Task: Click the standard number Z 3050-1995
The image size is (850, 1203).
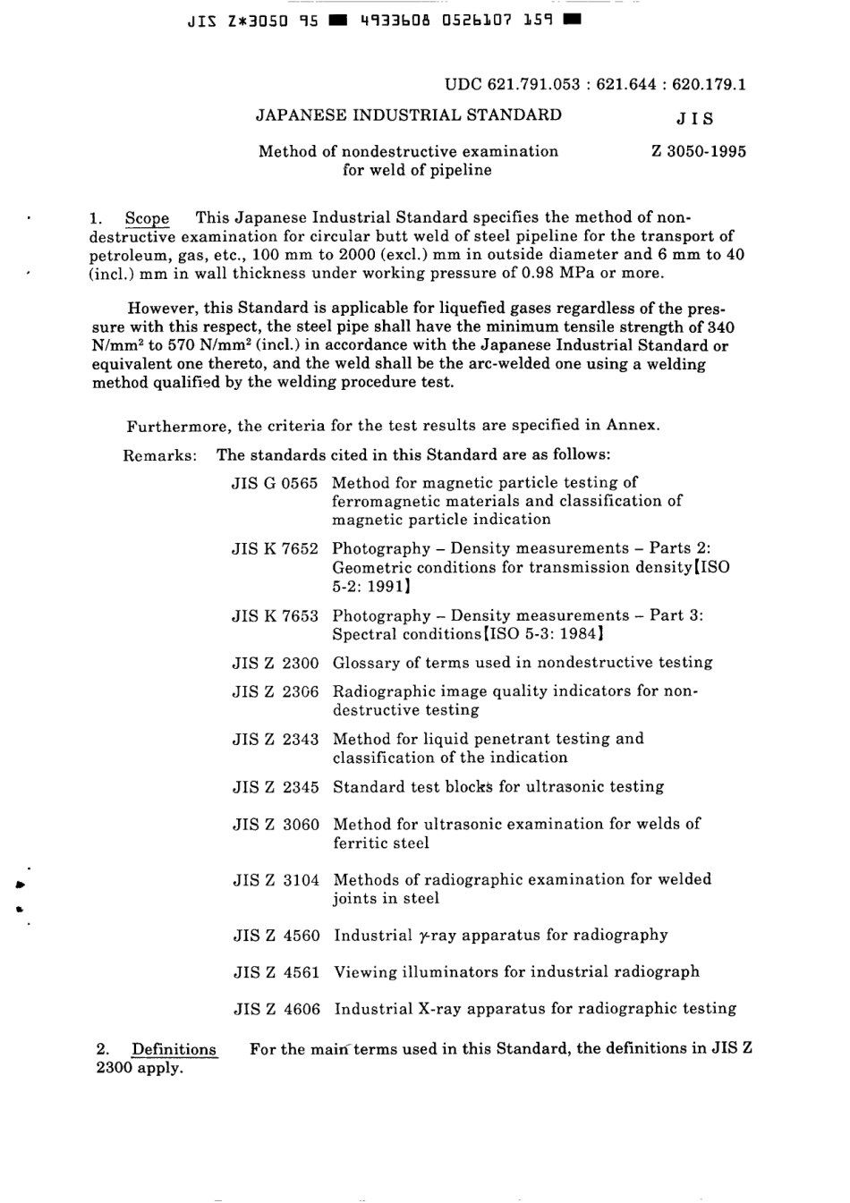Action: [699, 151]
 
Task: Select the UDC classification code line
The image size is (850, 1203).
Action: [595, 85]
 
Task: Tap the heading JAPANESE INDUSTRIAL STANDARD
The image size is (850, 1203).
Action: [409, 114]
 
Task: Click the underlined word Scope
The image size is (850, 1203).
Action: [147, 218]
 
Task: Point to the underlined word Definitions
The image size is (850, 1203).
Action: [174, 1049]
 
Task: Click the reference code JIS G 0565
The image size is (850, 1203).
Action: [275, 483]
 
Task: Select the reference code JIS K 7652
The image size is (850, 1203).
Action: [275, 548]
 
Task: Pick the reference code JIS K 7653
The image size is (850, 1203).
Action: [275, 615]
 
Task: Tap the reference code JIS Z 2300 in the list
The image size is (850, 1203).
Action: [276, 663]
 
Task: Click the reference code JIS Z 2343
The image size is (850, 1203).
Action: [276, 739]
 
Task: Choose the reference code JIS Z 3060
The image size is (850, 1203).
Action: [276, 824]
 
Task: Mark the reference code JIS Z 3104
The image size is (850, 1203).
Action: [276, 879]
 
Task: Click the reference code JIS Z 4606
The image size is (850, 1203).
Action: [276, 1009]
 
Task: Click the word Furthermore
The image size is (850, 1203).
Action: [178, 426]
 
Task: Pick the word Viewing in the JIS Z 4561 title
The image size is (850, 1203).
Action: [364, 971]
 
